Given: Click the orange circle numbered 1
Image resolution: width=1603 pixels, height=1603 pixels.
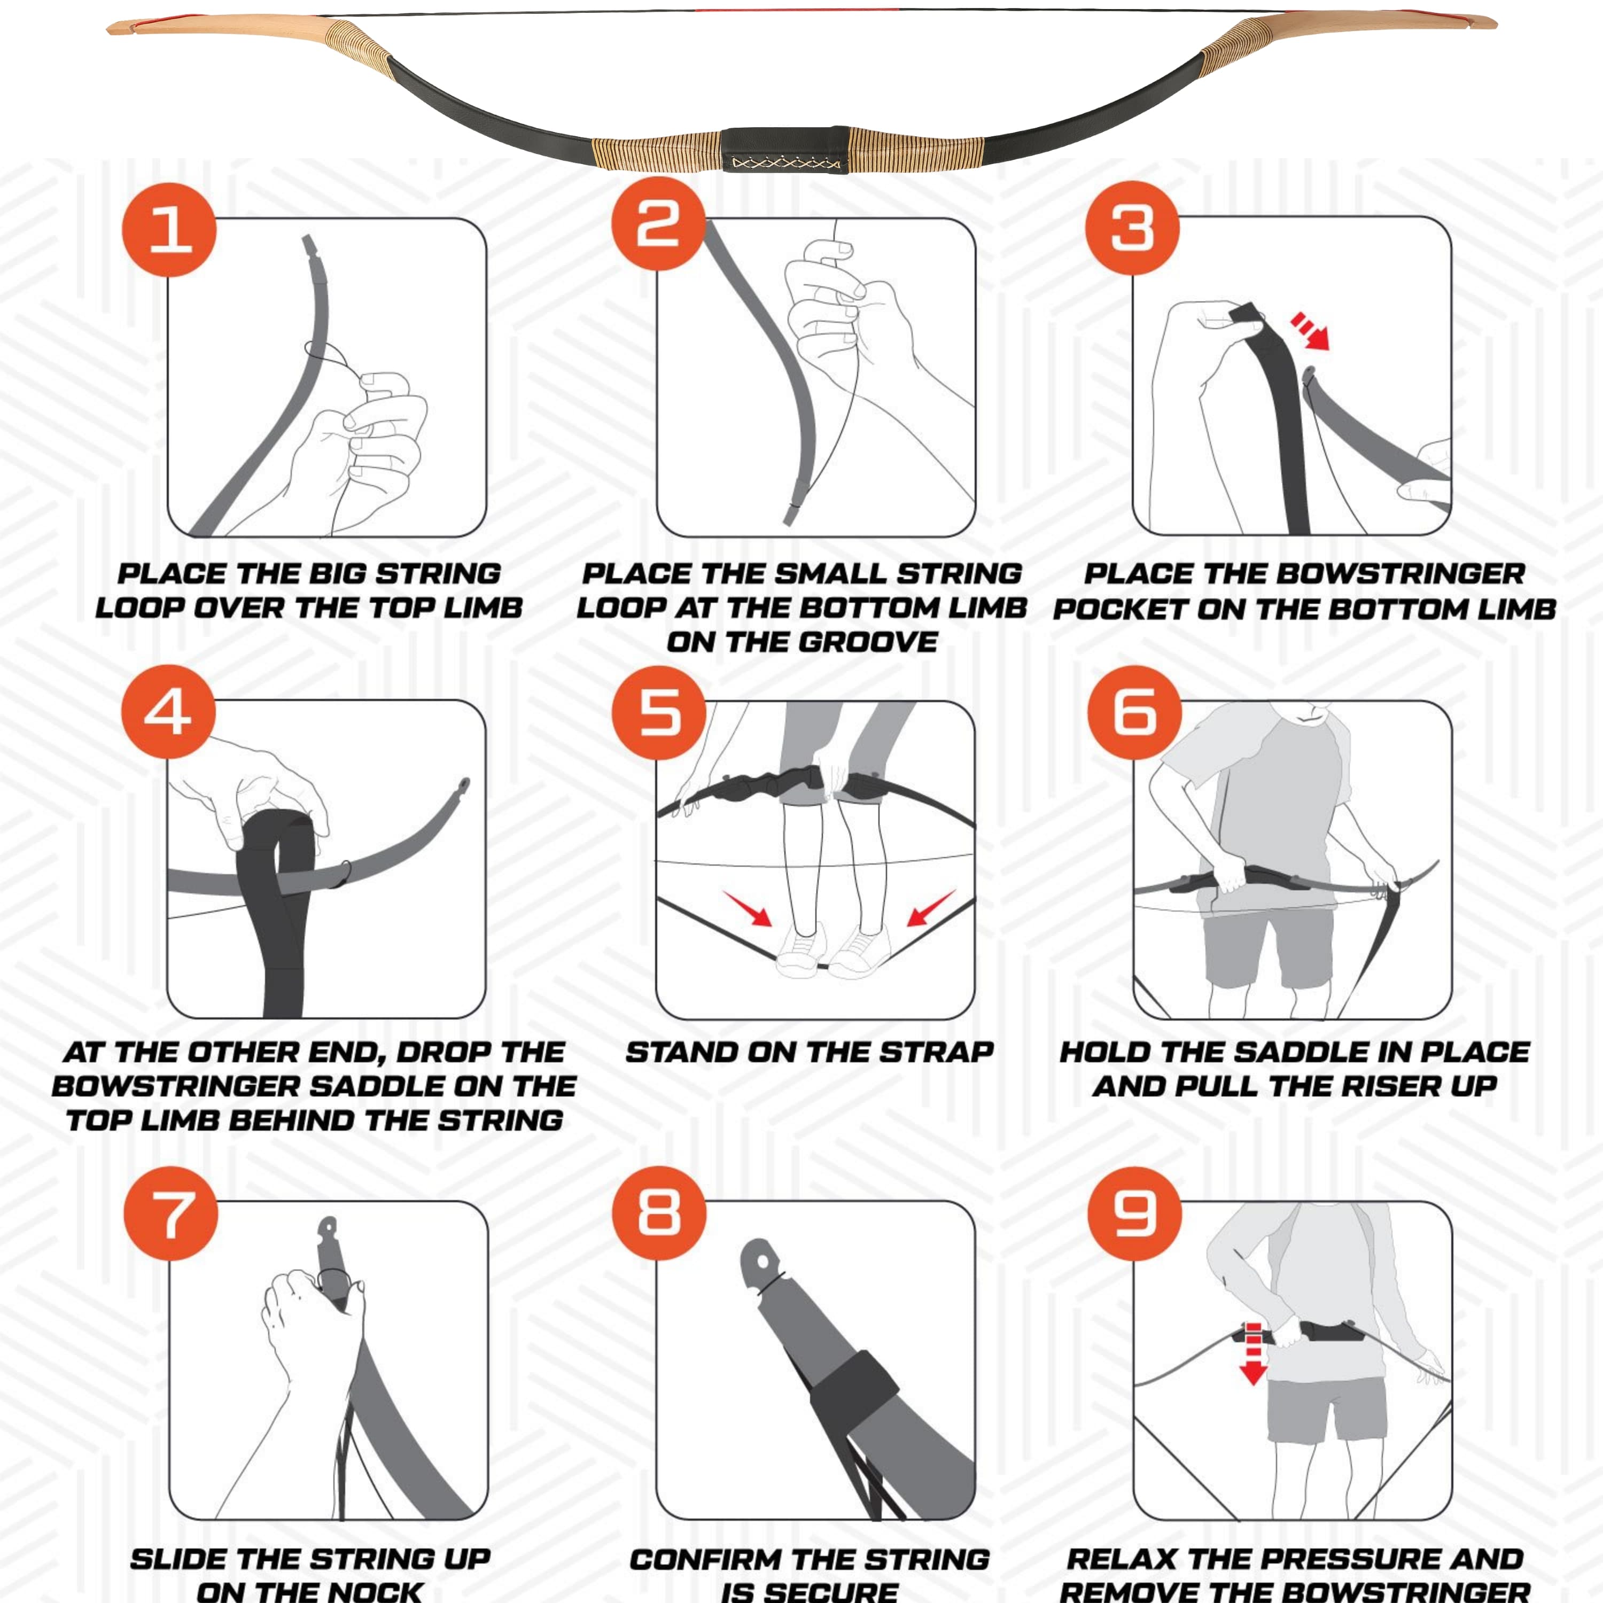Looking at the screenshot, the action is click(169, 230).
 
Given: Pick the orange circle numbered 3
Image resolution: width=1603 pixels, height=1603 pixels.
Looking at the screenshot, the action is click(1133, 228).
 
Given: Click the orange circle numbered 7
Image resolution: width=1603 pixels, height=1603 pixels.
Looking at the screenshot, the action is click(171, 1213).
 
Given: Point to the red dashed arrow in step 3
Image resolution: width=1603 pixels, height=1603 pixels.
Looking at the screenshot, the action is click(1310, 330).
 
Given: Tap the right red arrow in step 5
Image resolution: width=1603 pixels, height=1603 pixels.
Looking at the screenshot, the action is click(931, 908).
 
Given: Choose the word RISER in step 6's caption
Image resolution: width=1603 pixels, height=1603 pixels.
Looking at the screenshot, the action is click(1376, 1086).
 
